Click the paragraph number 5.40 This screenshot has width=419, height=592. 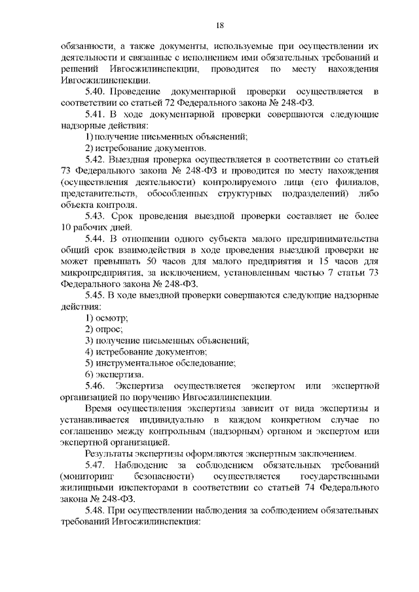point(96,92)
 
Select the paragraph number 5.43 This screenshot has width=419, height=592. point(96,216)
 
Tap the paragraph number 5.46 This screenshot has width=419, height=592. point(96,386)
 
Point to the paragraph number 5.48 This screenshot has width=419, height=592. point(96,510)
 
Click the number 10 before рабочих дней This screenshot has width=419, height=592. point(66,227)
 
